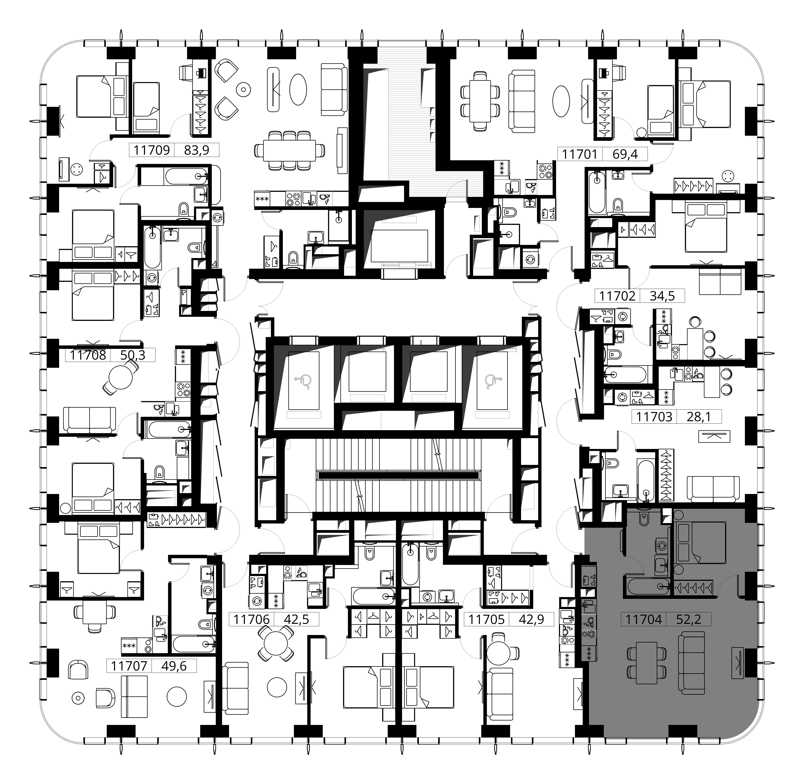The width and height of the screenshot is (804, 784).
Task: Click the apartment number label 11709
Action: [152, 150]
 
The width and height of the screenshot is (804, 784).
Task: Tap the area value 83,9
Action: [197, 150]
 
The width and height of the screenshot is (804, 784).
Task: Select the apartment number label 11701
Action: [579, 154]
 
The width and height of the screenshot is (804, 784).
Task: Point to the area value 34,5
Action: [662, 296]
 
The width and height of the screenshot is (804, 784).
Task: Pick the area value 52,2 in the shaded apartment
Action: [688, 619]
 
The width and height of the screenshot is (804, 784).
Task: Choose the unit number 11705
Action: [486, 619]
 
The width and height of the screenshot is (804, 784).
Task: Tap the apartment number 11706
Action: [251, 619]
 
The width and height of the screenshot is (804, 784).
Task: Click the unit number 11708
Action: [88, 355]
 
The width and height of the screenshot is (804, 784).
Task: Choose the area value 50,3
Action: [132, 355]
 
